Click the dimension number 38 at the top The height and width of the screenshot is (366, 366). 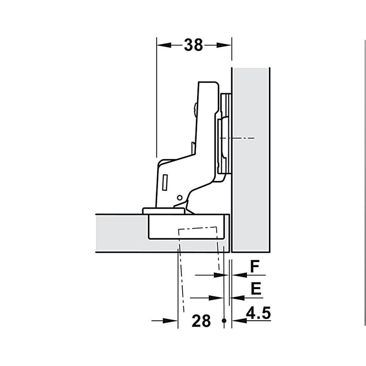click(x=194, y=45)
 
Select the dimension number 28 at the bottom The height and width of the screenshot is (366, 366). click(x=201, y=321)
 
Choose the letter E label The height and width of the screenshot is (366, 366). click(x=256, y=289)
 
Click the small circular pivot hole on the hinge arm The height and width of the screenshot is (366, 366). click(x=179, y=198)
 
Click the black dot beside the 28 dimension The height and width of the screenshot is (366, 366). click(x=224, y=321)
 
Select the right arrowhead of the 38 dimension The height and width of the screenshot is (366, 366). click(x=224, y=45)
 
